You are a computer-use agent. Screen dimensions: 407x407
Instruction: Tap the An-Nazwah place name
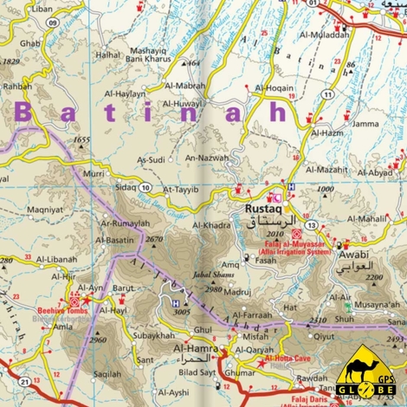click(x=207, y=158)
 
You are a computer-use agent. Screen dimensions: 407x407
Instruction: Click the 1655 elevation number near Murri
click(x=82, y=139)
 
